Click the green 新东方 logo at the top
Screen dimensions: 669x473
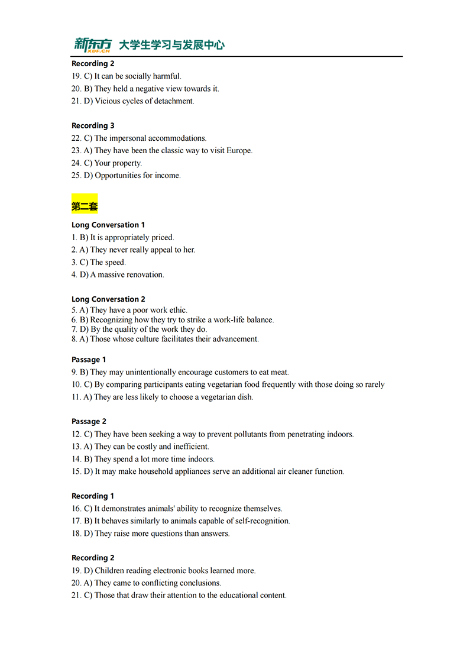point(92,44)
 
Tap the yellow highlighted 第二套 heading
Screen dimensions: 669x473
point(85,206)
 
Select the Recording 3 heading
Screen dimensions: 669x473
point(93,125)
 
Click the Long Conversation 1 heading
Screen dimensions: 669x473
point(108,225)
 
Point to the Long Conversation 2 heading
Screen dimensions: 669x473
point(108,299)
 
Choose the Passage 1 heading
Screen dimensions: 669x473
point(89,360)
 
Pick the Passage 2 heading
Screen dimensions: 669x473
point(89,422)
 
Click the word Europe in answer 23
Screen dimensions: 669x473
point(239,151)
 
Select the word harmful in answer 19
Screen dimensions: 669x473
point(167,76)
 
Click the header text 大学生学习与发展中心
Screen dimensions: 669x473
point(171,45)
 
